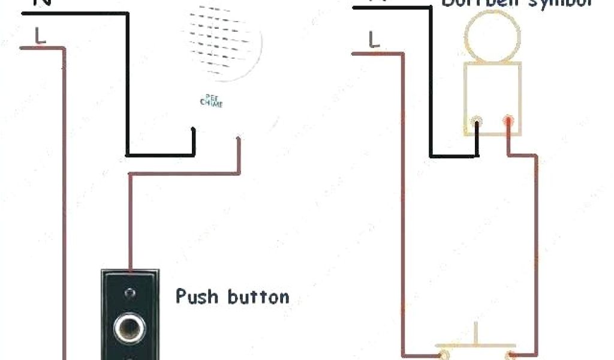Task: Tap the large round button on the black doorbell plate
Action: point(128,328)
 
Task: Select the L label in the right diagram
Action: point(374,40)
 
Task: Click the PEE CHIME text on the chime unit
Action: point(211,101)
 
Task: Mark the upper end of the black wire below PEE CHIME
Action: point(193,129)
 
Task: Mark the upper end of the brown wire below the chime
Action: point(239,139)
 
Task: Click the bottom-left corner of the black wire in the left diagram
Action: point(127,155)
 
